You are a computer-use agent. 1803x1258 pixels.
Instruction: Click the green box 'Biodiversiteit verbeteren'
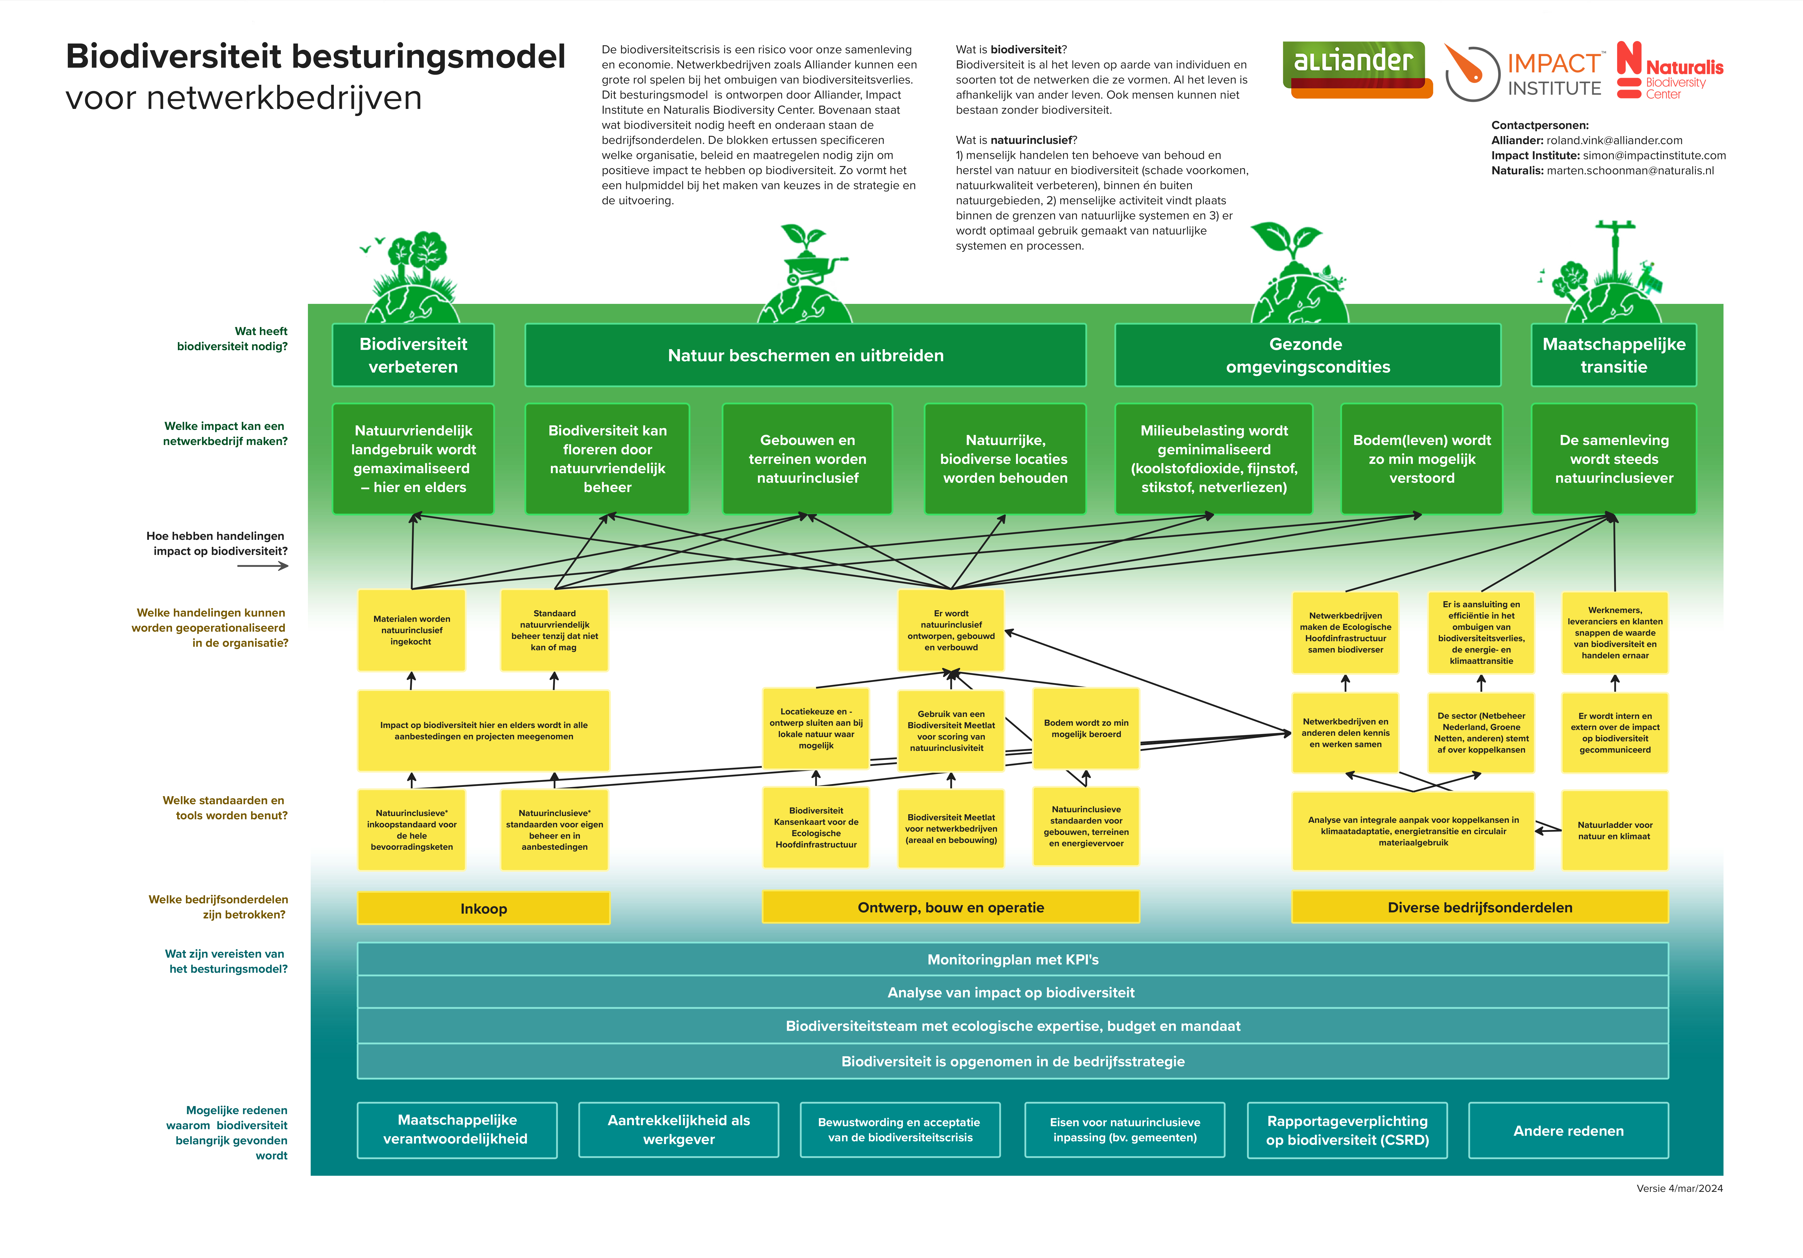click(413, 355)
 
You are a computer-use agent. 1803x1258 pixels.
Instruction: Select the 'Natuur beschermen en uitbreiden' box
click(805, 355)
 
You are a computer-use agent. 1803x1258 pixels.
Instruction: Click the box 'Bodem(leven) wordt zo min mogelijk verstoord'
click(1421, 459)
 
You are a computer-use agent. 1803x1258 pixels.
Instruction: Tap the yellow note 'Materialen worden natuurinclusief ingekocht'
click(412, 630)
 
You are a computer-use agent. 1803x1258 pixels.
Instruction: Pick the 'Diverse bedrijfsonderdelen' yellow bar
click(1479, 907)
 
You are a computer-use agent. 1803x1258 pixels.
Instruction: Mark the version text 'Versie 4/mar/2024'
click(1679, 1188)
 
